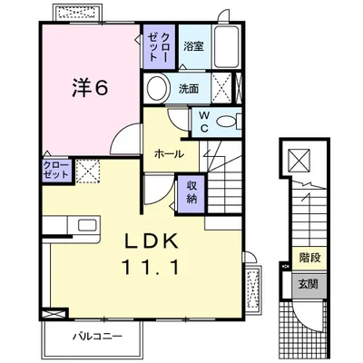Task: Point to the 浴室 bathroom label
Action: [193, 45]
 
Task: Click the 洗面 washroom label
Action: [189, 89]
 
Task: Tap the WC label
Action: [203, 121]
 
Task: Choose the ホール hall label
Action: [170, 154]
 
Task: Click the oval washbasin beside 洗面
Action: [159, 89]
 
